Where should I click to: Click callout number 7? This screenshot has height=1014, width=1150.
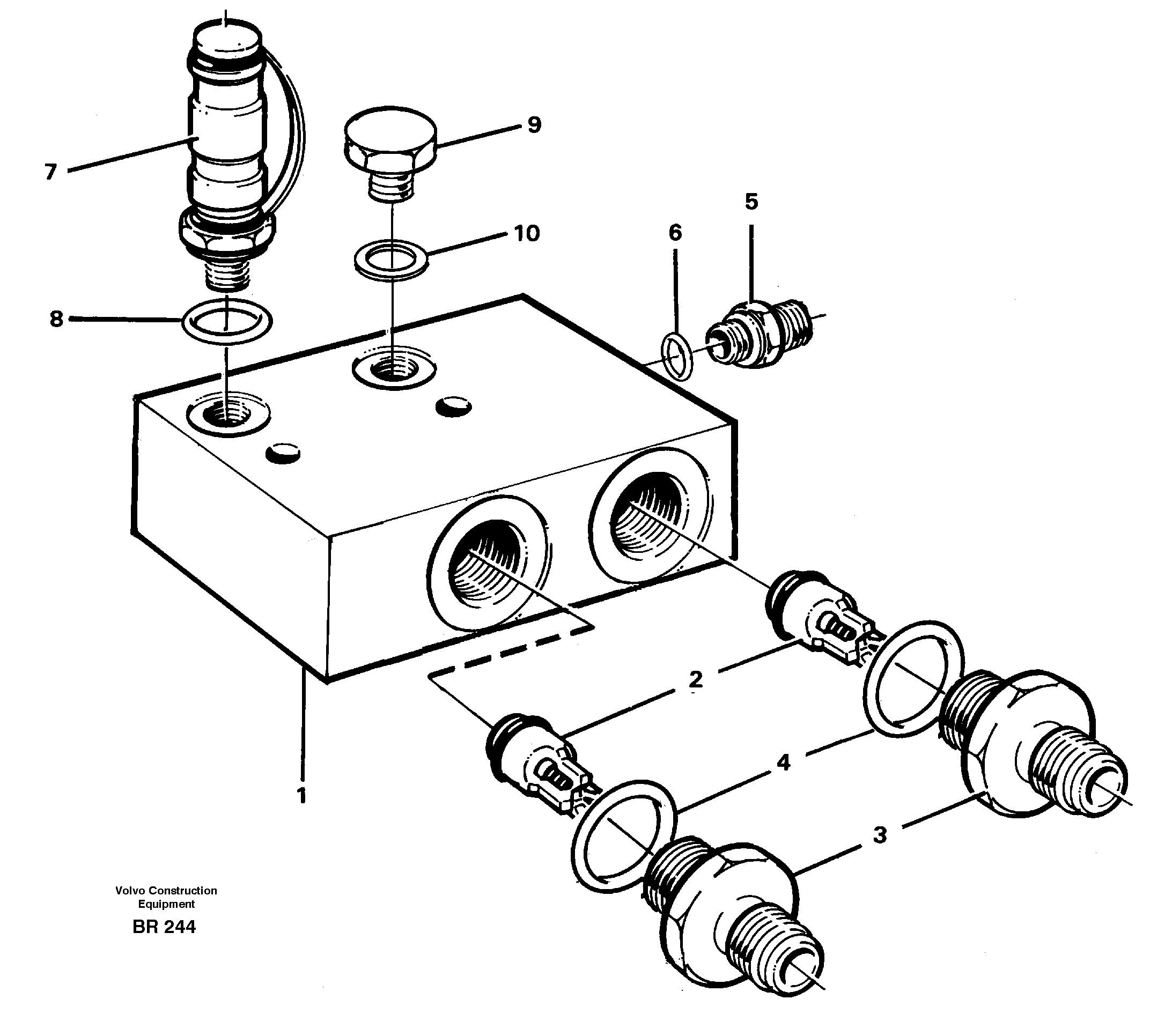[50, 172]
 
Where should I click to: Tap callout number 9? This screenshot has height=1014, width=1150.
[534, 125]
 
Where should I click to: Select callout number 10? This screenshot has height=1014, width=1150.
[527, 233]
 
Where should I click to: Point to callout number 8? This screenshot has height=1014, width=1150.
[56, 319]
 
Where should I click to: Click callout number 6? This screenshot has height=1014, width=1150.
[675, 232]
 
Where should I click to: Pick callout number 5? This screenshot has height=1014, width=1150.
[751, 201]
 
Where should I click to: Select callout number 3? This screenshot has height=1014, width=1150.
[880, 834]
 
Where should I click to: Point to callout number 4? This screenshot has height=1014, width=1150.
[783, 763]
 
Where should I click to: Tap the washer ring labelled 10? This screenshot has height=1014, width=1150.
[390, 258]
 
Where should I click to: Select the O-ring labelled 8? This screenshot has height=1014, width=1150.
[227, 321]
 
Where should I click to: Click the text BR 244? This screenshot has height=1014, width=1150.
[164, 927]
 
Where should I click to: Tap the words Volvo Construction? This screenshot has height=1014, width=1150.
[166, 890]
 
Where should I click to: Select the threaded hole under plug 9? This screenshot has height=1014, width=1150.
[393, 369]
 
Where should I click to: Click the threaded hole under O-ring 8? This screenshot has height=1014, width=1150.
[228, 415]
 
